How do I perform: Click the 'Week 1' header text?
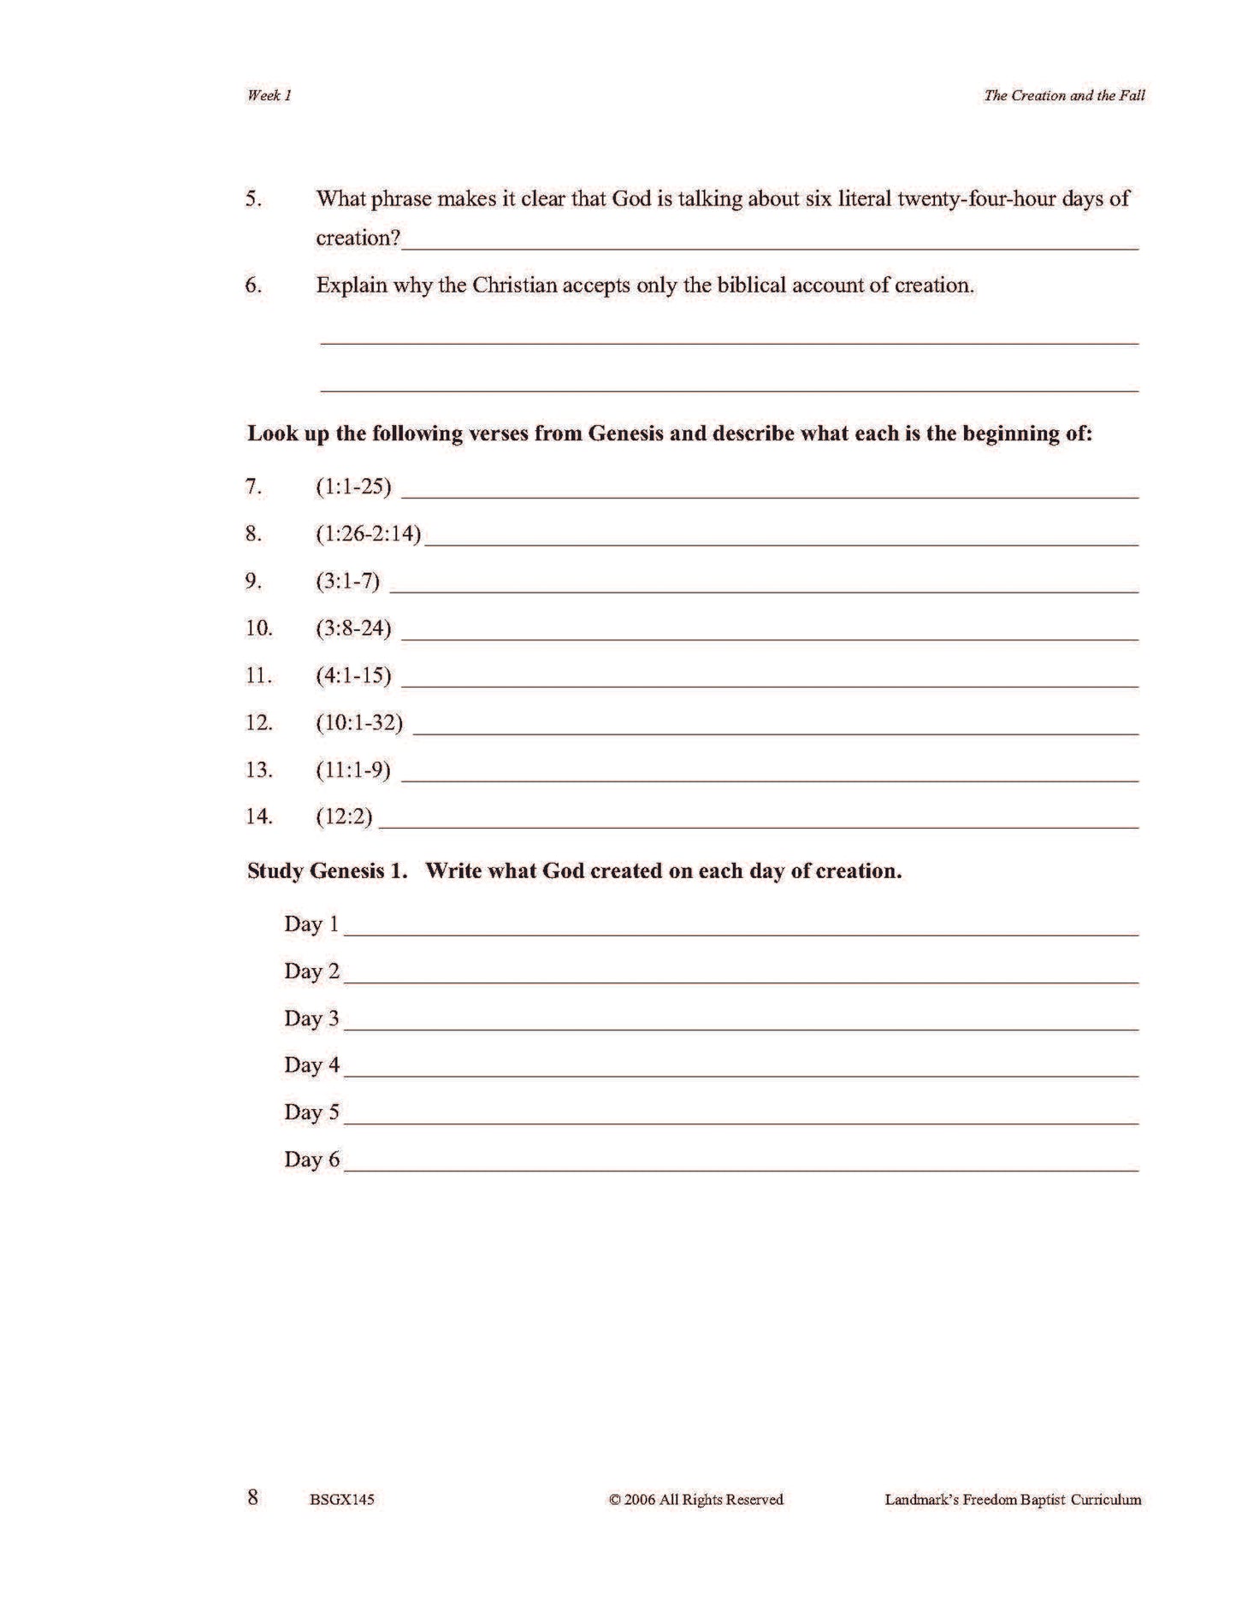click(x=269, y=96)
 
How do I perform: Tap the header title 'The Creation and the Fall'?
click(x=1064, y=96)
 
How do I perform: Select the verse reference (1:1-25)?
click(x=353, y=487)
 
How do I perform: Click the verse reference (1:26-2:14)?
click(x=369, y=534)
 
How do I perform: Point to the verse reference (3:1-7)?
click(x=347, y=581)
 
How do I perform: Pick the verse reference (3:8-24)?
click(x=353, y=628)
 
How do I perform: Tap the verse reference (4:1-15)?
click(x=353, y=675)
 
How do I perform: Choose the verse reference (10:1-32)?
click(x=359, y=722)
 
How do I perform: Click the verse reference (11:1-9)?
click(x=353, y=769)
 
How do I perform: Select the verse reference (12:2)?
click(x=344, y=816)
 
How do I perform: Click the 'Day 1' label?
click(x=311, y=924)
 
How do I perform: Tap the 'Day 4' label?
click(x=311, y=1065)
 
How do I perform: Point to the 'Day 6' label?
click(x=311, y=1159)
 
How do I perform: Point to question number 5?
click(x=253, y=199)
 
